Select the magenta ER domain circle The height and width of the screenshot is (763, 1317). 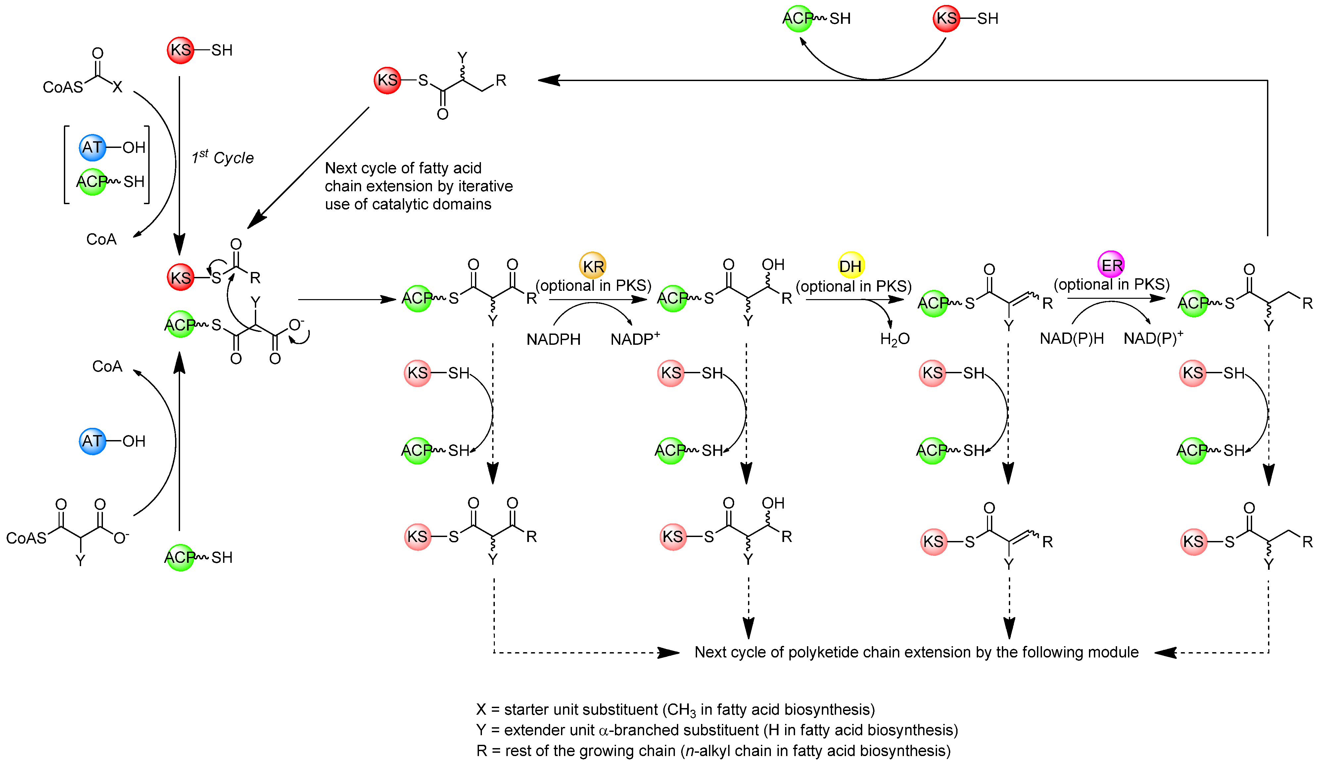pos(1111,265)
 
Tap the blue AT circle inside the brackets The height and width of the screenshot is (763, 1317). pos(92,147)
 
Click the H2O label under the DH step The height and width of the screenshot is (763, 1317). pos(894,339)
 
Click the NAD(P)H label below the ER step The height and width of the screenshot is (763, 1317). pos(1071,338)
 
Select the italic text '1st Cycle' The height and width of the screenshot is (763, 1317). pos(223,157)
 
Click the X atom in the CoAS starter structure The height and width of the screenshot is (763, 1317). pos(117,87)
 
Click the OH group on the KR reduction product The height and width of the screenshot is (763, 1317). pos(773,264)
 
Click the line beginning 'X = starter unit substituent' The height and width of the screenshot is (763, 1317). pos(675,710)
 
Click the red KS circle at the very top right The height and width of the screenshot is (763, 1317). pos(946,19)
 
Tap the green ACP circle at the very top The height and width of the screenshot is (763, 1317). pos(798,19)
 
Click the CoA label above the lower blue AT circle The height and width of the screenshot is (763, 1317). pos(107,366)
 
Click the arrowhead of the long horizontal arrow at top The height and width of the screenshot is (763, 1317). pos(549,80)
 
